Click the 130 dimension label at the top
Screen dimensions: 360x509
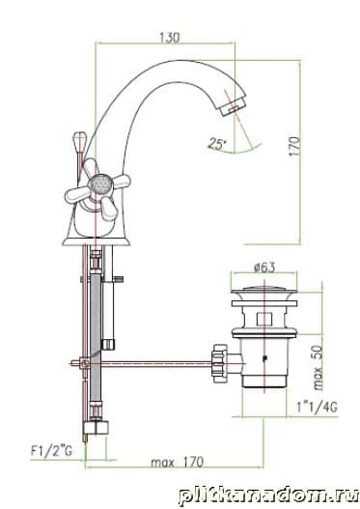(x=169, y=37)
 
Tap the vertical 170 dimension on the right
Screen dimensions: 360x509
(x=294, y=146)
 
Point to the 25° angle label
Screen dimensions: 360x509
(x=217, y=143)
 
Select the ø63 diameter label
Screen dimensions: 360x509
(x=264, y=268)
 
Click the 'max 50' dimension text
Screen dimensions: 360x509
(x=318, y=367)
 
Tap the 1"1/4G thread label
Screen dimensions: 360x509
(x=317, y=407)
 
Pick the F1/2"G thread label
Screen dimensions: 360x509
(x=51, y=451)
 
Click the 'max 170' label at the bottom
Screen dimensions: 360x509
(x=177, y=463)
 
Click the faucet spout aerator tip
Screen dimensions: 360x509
(x=233, y=105)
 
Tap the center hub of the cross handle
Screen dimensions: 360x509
(x=101, y=184)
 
